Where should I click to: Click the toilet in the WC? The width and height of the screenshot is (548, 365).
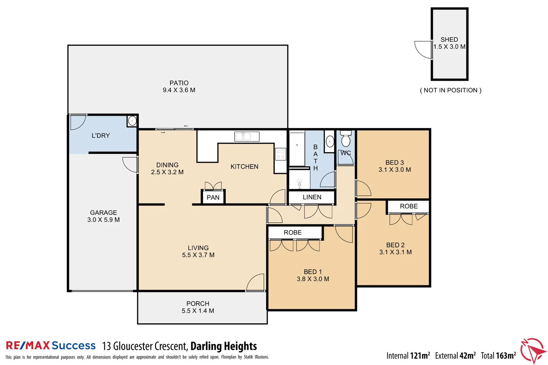(x=346, y=139)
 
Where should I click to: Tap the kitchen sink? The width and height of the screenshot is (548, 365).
(x=247, y=137)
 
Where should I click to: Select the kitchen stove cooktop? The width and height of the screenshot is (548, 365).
(x=280, y=154)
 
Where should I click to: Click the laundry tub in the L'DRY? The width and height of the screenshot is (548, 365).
(x=132, y=121)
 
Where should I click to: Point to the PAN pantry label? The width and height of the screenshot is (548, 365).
(x=213, y=197)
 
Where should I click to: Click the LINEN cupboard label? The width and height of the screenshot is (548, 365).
(x=312, y=197)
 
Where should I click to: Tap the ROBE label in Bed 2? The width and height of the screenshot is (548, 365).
(x=409, y=206)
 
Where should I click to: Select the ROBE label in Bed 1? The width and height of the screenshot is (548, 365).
(x=293, y=232)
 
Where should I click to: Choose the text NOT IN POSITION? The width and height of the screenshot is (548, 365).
(x=451, y=90)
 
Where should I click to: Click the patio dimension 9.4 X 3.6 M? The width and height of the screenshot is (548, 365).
(x=179, y=90)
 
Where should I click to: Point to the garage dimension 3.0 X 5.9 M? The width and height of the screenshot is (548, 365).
(x=104, y=220)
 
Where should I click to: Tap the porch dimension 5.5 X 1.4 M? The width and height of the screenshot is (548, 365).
(x=198, y=311)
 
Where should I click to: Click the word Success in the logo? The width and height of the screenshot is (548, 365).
(x=73, y=345)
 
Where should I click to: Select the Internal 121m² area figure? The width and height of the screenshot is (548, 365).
(x=408, y=356)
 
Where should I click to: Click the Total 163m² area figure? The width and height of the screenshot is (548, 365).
(x=498, y=356)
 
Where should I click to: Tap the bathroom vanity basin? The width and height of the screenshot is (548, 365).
(x=330, y=141)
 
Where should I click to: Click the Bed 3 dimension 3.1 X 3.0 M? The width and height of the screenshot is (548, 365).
(x=395, y=169)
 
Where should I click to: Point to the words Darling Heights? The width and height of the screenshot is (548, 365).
(x=224, y=346)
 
